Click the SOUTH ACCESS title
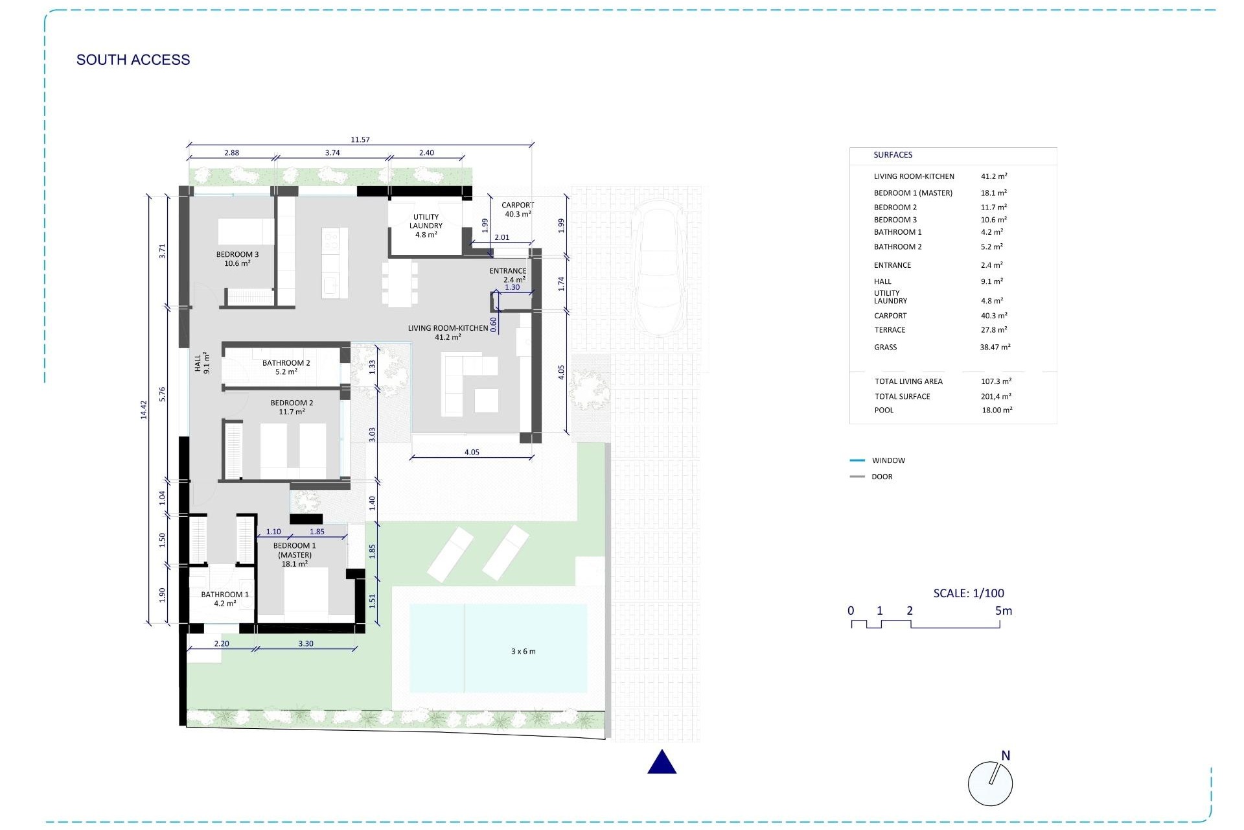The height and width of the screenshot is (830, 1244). click(133, 60)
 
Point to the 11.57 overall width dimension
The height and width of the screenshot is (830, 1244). click(360, 139)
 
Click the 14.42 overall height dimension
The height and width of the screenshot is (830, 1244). click(144, 409)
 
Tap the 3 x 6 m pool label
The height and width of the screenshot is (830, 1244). click(523, 651)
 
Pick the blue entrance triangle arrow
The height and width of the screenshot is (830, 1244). click(662, 763)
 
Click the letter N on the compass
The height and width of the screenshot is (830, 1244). click(1006, 755)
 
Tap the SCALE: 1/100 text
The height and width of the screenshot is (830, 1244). click(969, 593)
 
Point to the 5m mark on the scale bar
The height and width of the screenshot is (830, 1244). click(1003, 611)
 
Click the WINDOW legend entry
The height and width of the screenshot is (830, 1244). click(888, 460)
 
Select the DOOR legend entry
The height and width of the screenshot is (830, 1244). click(881, 477)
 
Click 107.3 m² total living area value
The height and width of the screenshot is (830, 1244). click(996, 381)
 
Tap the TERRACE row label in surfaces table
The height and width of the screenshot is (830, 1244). click(890, 330)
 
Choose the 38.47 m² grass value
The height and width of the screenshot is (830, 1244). click(995, 348)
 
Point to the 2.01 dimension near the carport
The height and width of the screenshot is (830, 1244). click(501, 237)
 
